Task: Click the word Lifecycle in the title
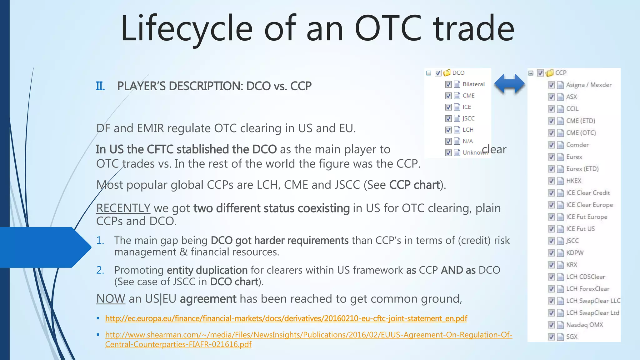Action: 186,29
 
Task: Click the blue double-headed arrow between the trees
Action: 509,84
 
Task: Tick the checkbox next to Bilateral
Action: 448,84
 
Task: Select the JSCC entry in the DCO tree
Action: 468,118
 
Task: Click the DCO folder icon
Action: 447,73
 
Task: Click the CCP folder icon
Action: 549,73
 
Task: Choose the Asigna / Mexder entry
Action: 589,85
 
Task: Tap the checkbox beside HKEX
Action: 551,181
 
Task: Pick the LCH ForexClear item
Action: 587,289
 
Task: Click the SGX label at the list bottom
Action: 572,337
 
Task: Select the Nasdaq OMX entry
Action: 584,325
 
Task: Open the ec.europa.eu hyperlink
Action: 286,318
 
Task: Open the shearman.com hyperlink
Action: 308,335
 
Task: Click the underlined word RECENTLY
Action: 123,208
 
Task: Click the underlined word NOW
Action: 111,299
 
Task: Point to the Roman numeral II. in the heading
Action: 100,86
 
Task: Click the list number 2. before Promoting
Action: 100,270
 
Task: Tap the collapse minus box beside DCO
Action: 429,73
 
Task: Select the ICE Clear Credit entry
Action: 587,193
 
